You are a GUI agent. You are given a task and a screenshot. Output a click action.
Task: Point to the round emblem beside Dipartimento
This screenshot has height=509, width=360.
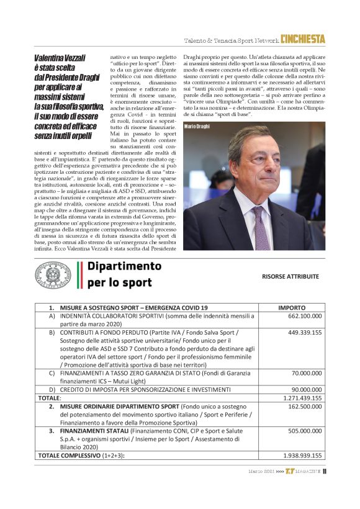[x=52, y=275]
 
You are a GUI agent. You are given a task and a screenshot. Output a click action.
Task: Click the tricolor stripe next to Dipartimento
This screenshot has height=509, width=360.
[x=79, y=275]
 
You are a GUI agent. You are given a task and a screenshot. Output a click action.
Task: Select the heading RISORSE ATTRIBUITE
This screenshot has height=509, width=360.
[x=290, y=276]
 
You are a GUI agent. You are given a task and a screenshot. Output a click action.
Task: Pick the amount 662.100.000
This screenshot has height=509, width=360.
[x=304, y=316]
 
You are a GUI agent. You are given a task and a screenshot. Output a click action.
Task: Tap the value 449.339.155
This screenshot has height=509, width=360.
[x=304, y=333]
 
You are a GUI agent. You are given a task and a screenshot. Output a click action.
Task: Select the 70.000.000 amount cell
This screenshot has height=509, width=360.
[x=307, y=374]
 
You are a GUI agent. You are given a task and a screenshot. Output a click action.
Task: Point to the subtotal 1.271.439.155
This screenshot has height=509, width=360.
[x=302, y=398]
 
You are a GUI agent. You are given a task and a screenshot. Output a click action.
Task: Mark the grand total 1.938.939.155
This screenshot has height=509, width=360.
[x=302, y=455]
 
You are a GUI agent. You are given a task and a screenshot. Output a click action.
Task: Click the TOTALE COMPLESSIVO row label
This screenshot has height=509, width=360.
[x=78, y=455]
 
